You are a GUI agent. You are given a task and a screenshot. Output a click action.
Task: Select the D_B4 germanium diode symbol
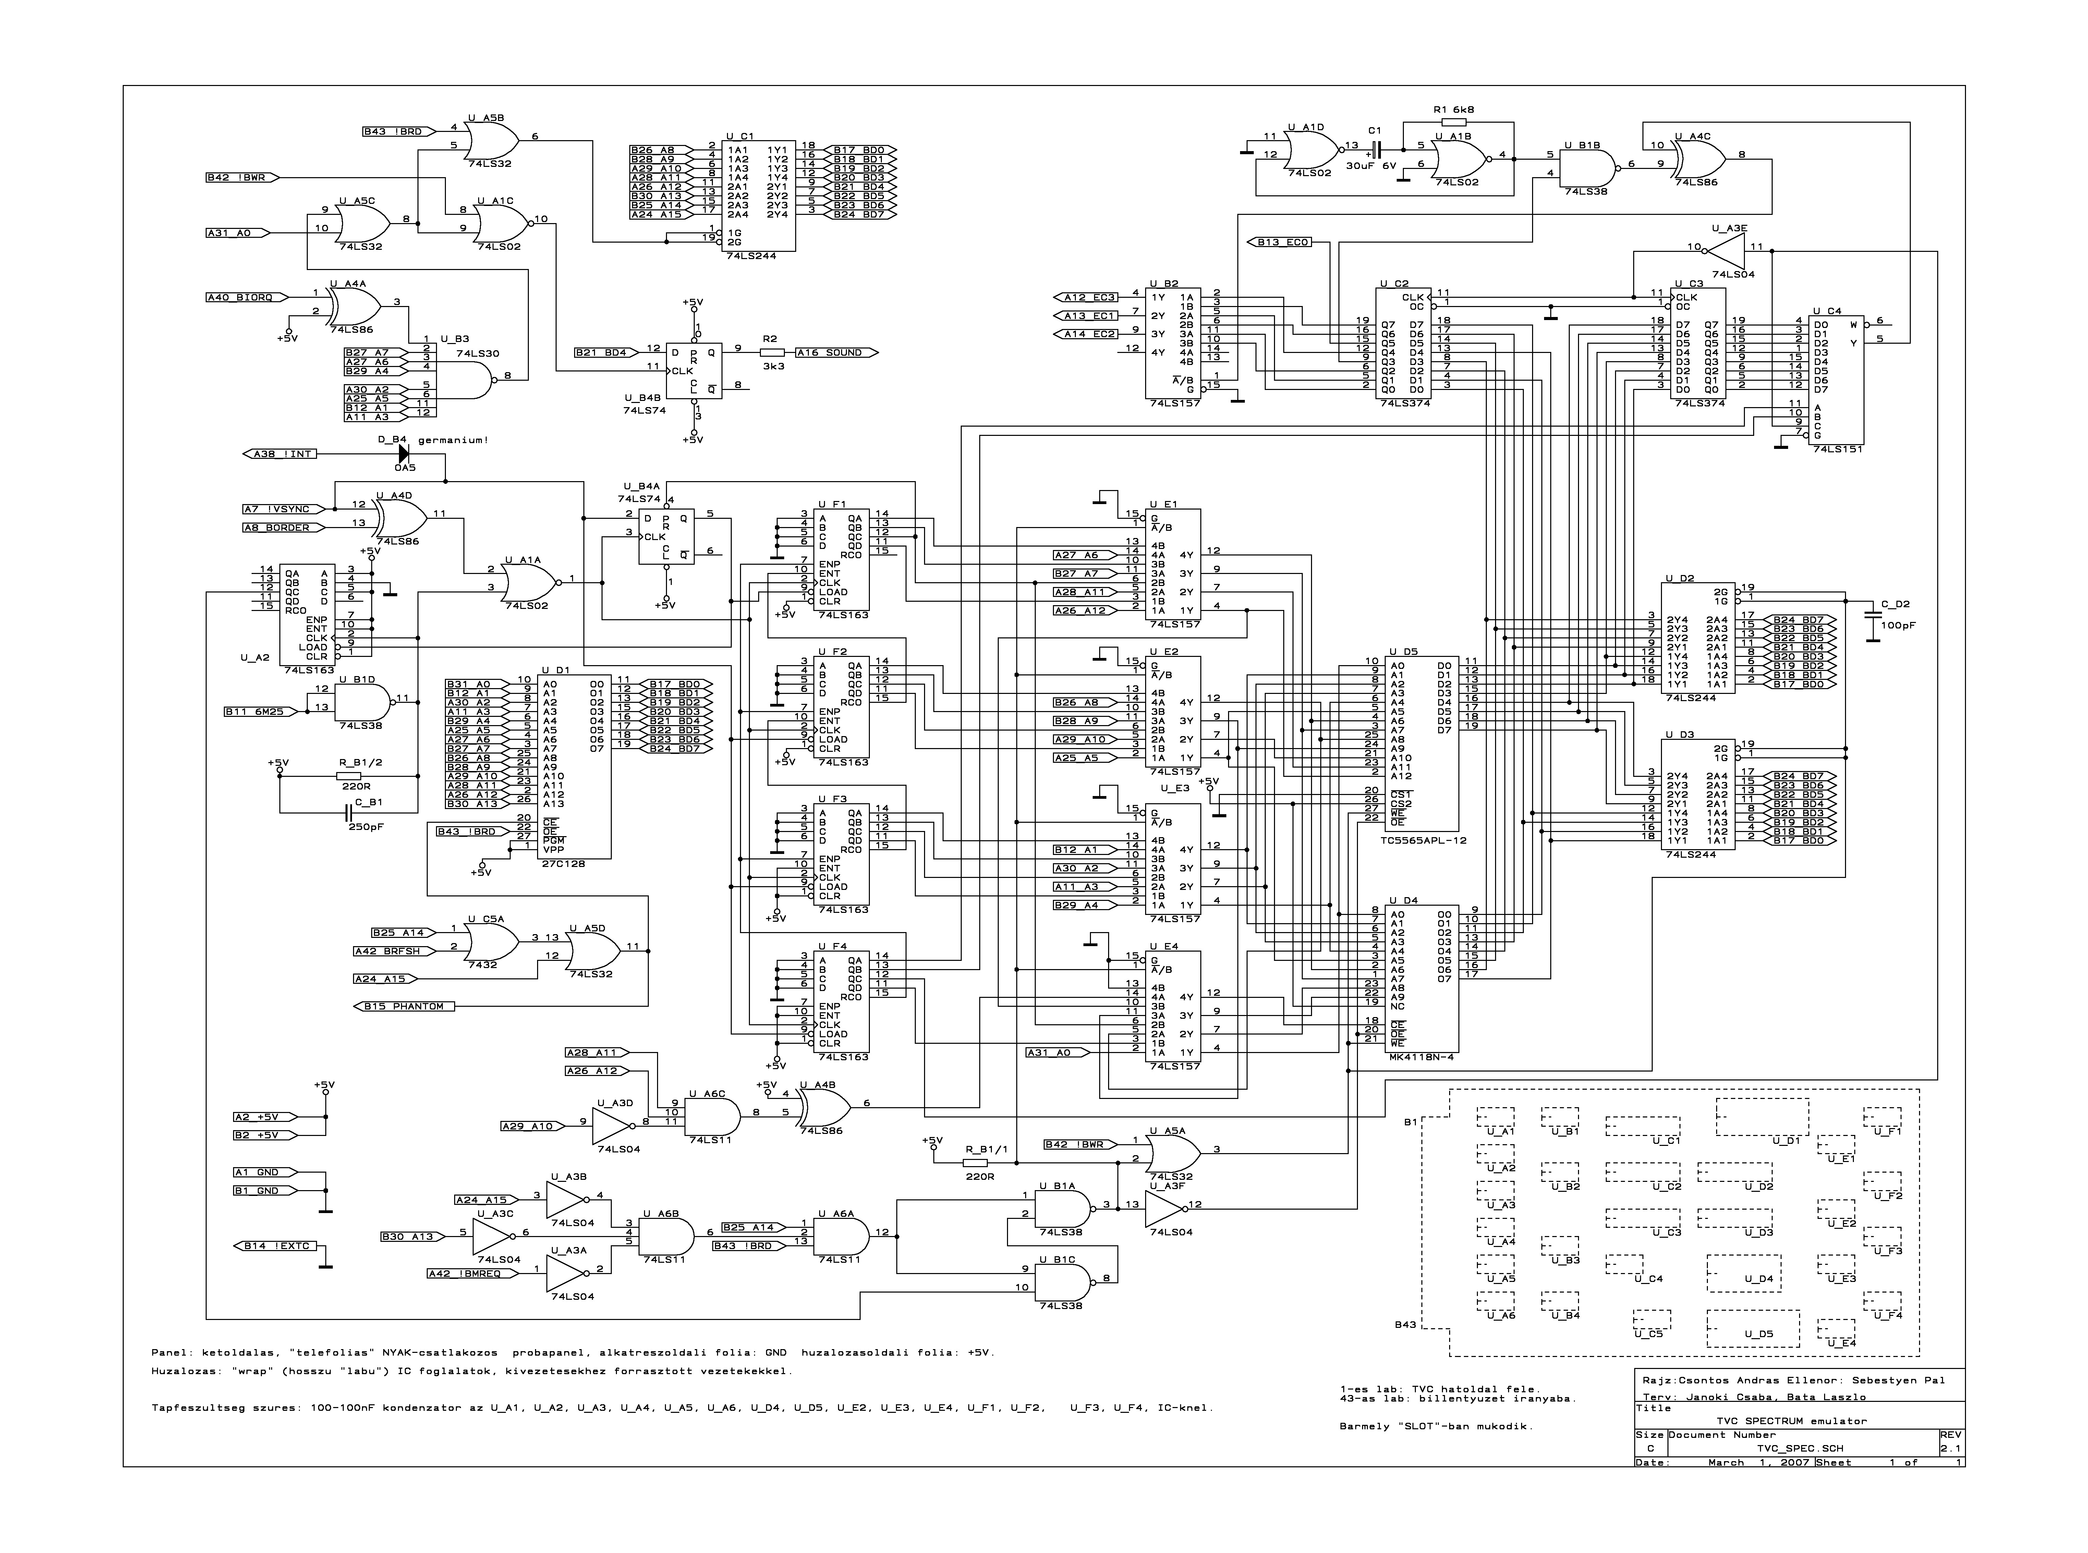[404, 454]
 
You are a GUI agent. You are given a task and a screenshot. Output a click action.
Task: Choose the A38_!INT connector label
[282, 454]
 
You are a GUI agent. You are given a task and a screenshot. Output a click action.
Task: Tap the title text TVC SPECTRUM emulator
[1791, 1420]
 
